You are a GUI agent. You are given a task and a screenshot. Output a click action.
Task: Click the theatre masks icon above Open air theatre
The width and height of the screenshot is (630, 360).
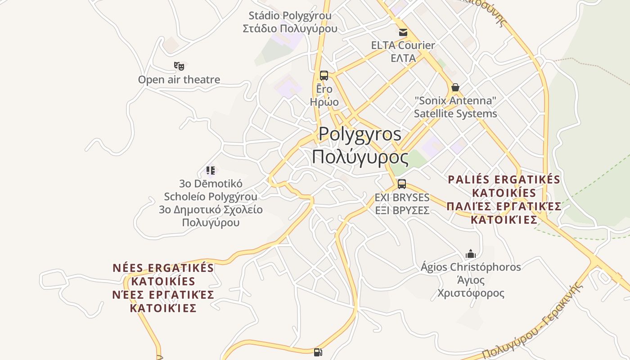tap(179, 66)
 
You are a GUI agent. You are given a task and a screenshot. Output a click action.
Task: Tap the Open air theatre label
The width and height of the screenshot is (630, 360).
tap(179, 80)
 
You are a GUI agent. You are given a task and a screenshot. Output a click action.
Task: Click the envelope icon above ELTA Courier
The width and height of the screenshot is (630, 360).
tap(403, 32)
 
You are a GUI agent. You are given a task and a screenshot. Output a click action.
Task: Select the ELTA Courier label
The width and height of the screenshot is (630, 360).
tap(403, 45)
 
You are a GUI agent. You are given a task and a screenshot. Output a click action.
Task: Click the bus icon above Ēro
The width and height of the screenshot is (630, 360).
tap(324, 76)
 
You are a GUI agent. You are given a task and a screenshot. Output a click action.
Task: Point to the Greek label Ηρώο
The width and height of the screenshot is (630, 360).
tap(324, 102)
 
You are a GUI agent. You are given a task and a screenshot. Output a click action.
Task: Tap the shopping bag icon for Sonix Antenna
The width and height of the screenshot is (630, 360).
tap(455, 87)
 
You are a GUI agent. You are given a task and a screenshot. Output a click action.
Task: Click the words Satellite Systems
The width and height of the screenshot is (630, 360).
tap(455, 113)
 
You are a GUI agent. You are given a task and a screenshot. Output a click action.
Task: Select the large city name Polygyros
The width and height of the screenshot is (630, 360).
tap(360, 134)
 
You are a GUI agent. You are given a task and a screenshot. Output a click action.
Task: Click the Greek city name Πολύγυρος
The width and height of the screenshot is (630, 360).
tap(360, 157)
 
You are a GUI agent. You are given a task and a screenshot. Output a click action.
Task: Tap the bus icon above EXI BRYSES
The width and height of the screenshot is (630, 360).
tap(402, 184)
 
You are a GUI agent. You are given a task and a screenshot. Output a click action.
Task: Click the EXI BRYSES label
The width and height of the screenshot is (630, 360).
tap(402, 198)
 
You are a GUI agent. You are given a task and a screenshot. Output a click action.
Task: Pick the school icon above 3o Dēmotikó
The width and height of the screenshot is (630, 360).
tap(211, 170)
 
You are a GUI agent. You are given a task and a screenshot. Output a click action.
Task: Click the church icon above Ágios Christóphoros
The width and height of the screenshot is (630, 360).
tap(471, 254)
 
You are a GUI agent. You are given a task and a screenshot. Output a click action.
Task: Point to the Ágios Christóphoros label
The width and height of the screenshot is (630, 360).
tap(471, 267)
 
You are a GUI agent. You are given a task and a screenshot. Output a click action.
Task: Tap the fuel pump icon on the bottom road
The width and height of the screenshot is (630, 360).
tap(318, 352)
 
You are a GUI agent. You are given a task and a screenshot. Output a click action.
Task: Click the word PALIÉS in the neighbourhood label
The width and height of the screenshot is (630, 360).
tap(468, 180)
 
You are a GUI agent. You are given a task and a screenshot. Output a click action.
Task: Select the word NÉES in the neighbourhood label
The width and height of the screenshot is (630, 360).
tap(129, 268)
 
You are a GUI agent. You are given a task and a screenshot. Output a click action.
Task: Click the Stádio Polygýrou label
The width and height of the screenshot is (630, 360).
tap(290, 16)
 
